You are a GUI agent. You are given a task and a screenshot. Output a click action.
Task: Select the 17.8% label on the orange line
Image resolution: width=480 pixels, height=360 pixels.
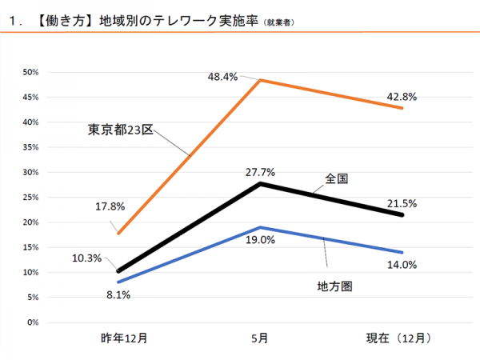109,206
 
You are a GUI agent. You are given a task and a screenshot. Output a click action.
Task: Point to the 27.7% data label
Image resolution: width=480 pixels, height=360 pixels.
261,171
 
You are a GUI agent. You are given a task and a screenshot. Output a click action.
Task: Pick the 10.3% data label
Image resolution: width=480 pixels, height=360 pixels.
86,258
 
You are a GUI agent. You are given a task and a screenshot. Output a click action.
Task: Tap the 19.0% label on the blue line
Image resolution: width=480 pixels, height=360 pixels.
261,239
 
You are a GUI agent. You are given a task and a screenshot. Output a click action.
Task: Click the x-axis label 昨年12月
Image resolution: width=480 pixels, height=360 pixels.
123,338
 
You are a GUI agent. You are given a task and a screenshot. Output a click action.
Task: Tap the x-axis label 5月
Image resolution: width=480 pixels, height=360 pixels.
261,338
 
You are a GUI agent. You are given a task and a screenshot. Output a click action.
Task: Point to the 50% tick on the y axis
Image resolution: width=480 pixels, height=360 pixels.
31,72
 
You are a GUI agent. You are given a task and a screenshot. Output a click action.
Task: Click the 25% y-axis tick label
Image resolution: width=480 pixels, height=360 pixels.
31,197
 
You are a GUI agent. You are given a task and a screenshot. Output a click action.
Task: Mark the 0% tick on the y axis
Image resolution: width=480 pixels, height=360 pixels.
33,322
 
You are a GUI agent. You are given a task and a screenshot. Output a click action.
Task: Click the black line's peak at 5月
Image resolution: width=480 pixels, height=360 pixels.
261,184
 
